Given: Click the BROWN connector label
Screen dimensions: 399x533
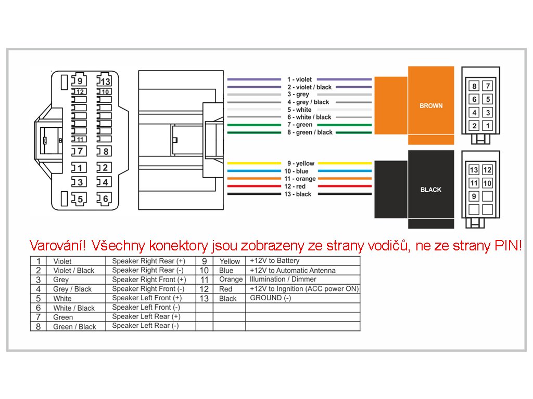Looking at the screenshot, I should pos(431,105).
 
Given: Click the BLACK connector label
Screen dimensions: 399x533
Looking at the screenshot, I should pos(430,190).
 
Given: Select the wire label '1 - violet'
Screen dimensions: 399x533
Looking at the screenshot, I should pos(299,79).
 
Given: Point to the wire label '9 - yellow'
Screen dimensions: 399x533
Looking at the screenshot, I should pos(301,164).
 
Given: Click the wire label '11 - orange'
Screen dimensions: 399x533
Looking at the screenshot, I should pos(299,179).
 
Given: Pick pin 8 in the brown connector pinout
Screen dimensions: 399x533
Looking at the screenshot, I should pos(474,86).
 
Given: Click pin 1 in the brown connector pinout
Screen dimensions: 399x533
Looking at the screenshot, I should pos(488,126).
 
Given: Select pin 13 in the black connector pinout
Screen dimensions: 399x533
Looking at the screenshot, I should pos(474,170).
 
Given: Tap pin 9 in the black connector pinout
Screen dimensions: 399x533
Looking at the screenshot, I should pos(474,196).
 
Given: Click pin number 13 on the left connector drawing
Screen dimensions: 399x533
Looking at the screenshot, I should pos(105,81).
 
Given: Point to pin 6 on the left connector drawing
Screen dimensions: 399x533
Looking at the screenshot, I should pos(105,198).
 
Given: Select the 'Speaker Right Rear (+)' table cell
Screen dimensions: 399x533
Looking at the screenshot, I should pos(149,261).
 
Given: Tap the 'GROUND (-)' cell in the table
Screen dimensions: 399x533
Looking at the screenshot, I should pos(271,298).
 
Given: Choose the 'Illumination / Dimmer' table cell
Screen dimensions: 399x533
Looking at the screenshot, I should pos(283,280).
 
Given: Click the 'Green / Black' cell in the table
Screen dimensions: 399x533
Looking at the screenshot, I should pos(74,327).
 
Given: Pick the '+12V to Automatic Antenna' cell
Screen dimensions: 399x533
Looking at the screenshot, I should pos(293,270).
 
